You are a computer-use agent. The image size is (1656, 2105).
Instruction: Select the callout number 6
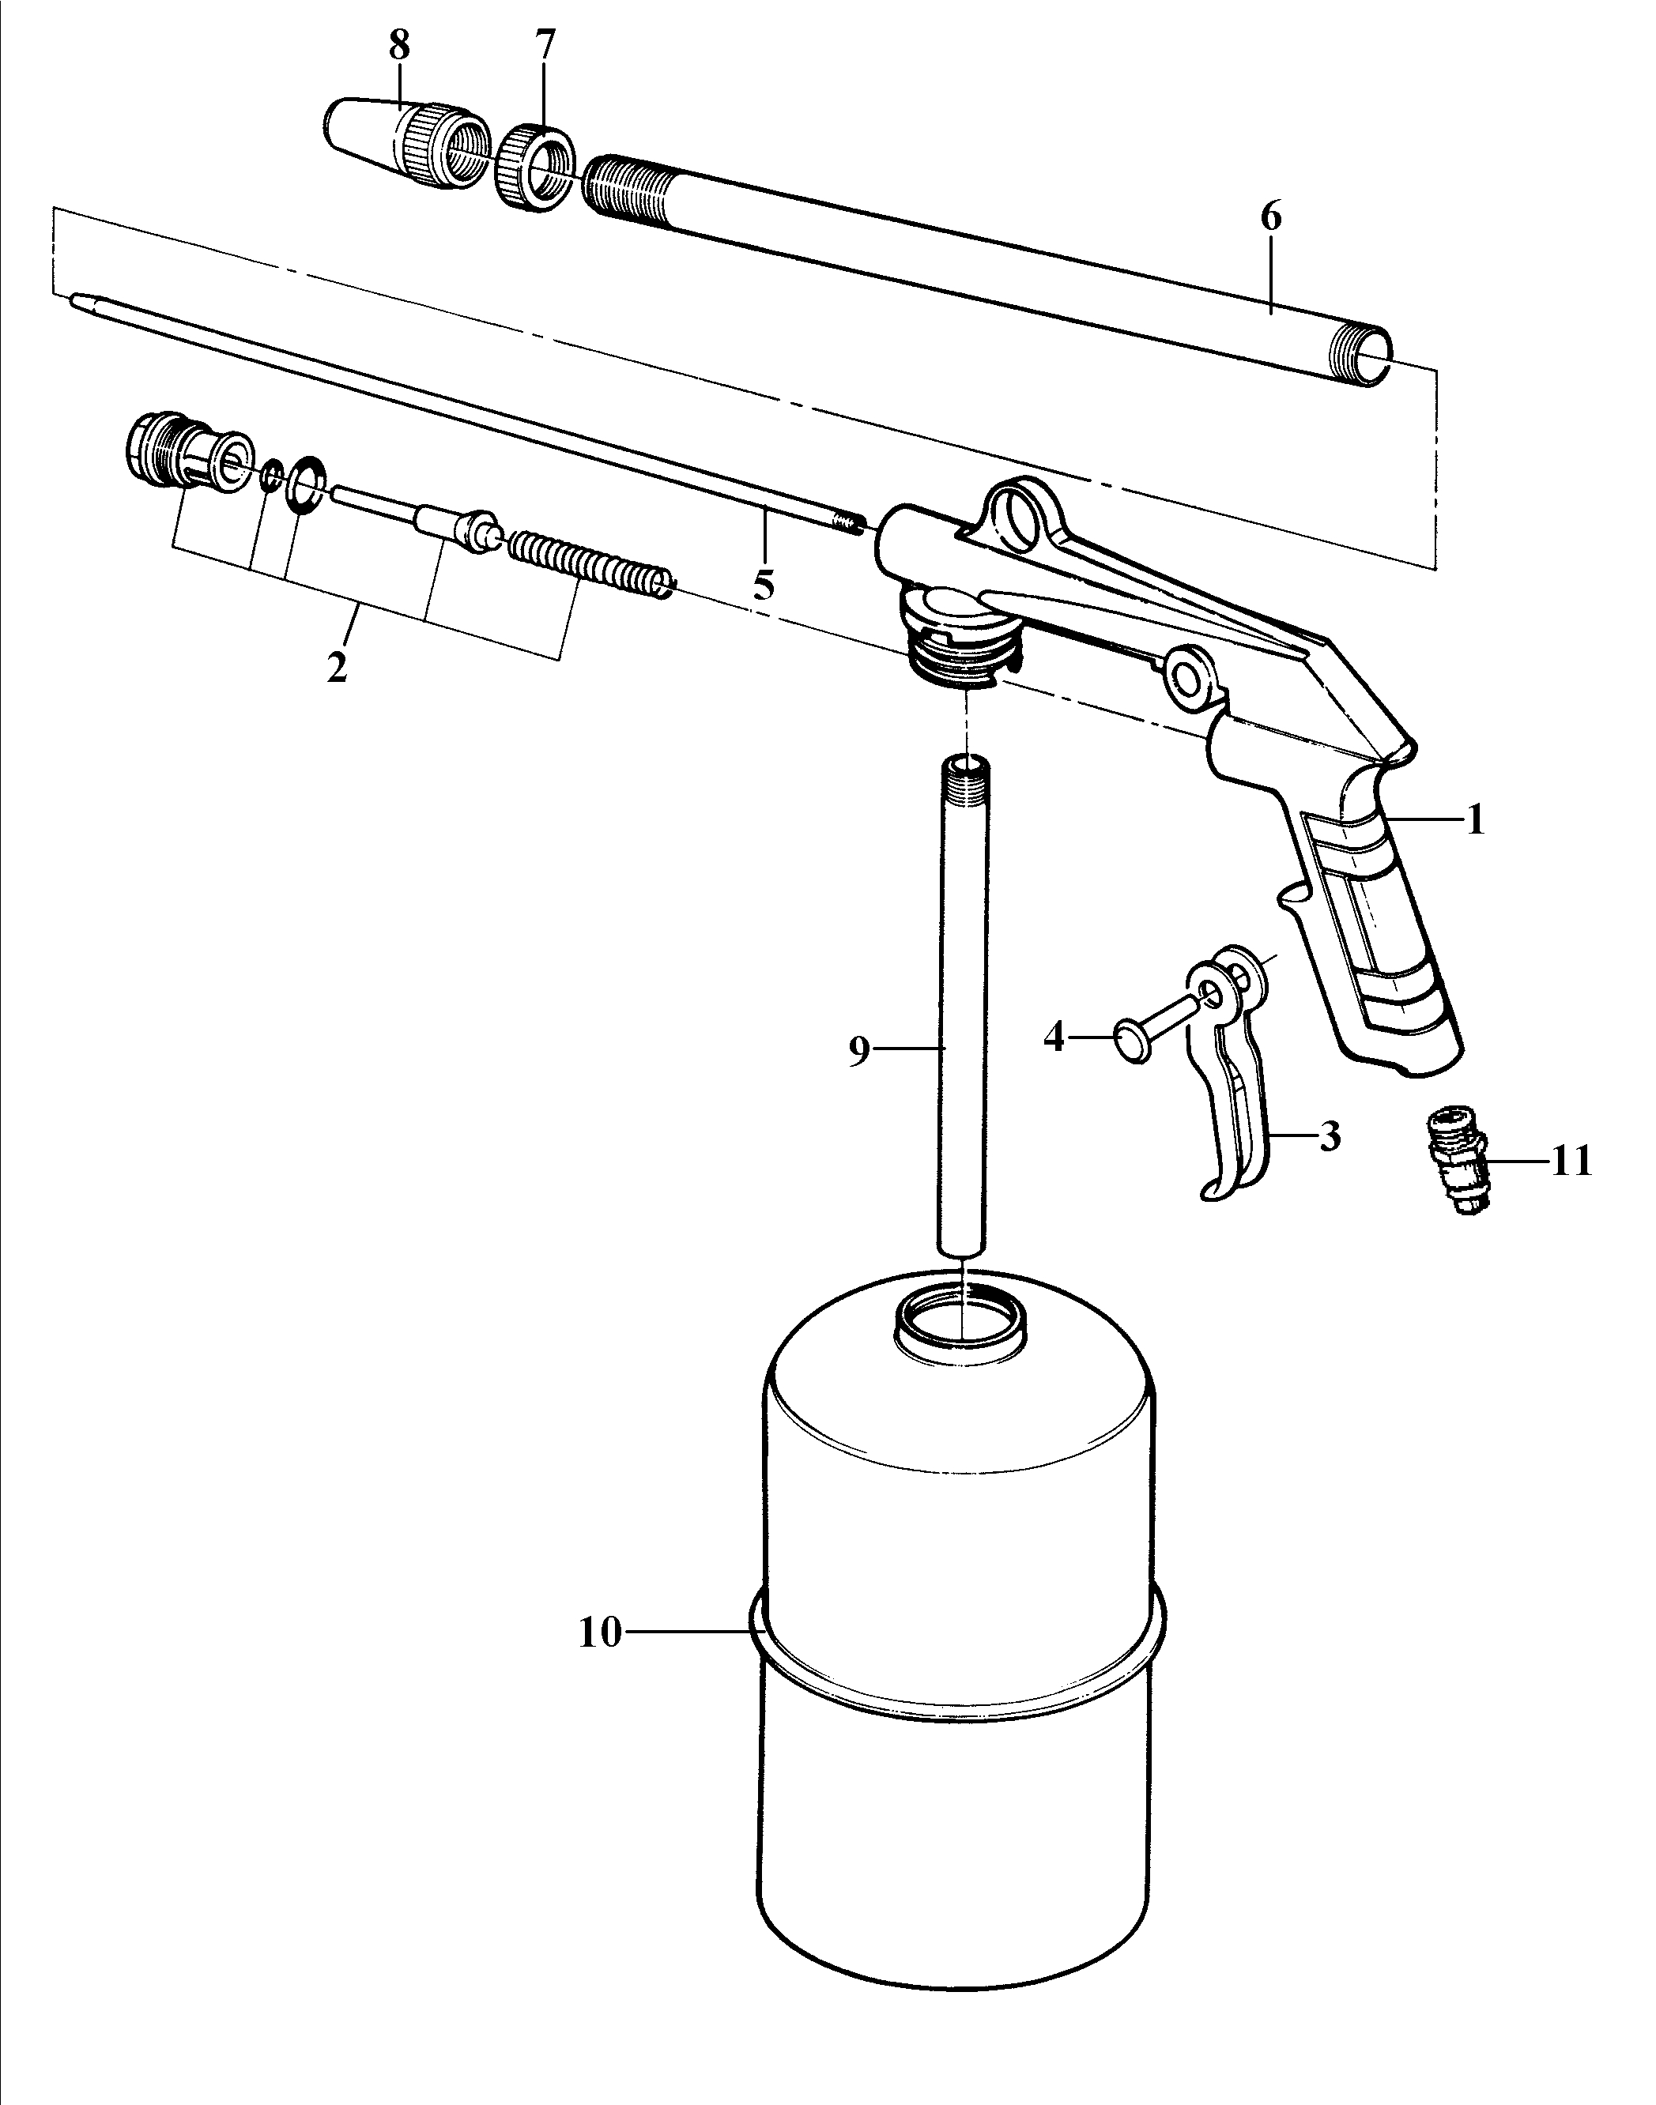(1271, 217)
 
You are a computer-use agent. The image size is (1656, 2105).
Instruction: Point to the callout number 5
(764, 585)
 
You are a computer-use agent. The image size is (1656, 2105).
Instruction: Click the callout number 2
(337, 668)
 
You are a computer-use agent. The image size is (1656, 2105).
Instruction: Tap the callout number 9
(859, 1052)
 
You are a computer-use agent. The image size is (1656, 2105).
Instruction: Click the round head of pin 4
(1133, 1043)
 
